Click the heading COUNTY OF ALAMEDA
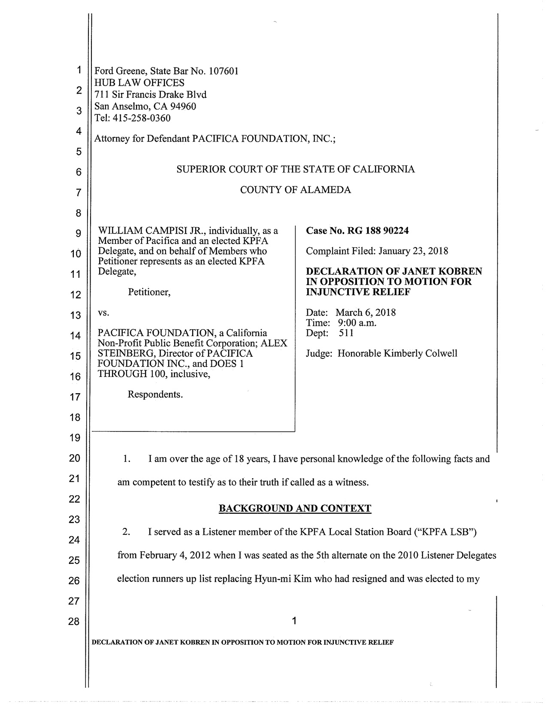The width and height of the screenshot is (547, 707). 295,190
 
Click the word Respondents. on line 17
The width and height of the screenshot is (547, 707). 155,394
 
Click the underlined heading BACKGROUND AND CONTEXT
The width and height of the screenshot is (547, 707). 295,508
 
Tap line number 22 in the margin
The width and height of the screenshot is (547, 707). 75,499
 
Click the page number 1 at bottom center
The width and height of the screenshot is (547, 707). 294,620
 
